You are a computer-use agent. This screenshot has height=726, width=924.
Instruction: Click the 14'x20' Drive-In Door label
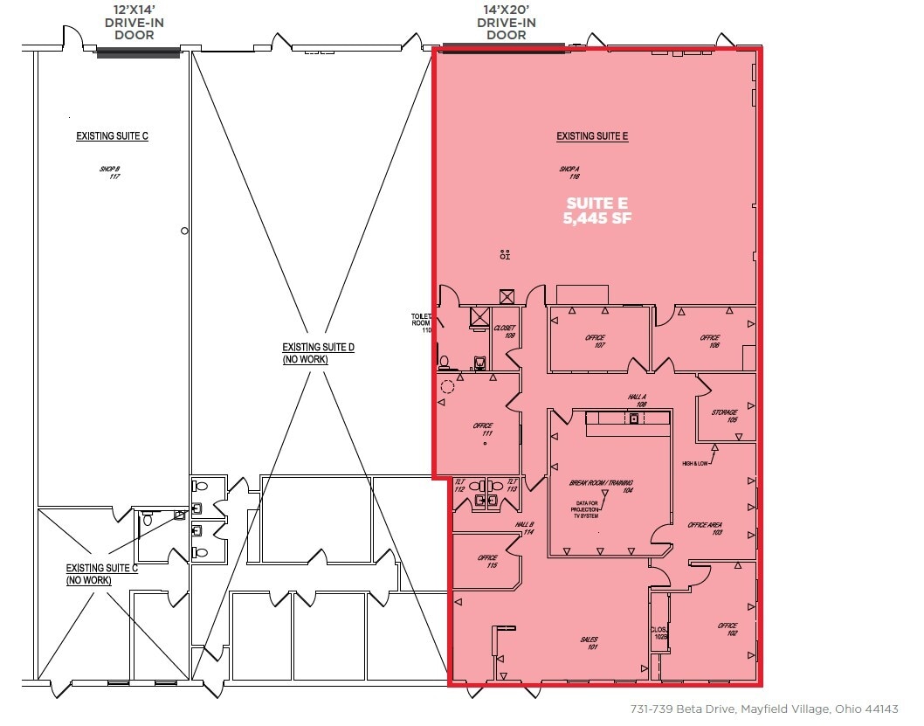pos(506,23)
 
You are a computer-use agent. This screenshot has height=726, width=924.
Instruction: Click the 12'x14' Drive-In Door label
pos(136,23)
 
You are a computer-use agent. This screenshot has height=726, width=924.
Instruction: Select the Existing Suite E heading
pos(593,136)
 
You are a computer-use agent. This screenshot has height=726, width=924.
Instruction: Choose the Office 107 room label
pos(599,342)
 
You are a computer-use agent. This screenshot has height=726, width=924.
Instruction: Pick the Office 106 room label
pos(709,342)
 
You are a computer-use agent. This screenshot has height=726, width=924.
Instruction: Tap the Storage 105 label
pos(725,416)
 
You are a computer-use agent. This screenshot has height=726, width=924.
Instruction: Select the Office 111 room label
pos(483,430)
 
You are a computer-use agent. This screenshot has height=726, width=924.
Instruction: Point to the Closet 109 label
pos(505,332)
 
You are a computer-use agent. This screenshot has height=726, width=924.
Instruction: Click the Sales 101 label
pos(591,644)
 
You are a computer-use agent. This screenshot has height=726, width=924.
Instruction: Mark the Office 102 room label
pos(727,629)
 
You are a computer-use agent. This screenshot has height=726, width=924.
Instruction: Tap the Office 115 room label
pos(487,562)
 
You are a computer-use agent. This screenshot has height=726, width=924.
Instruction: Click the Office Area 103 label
pos(706,529)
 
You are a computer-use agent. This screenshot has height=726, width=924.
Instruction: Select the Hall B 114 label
pos(524,528)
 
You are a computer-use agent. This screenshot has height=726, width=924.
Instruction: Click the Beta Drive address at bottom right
pos(763,709)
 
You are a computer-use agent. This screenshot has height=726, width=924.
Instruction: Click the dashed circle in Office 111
pos(449,387)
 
